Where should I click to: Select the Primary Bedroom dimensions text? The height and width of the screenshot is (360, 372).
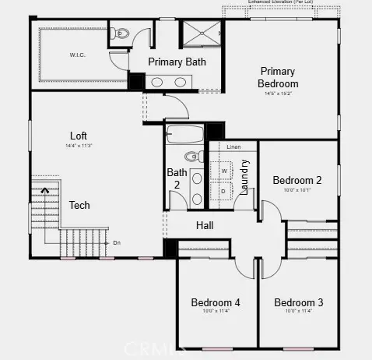click(278, 94)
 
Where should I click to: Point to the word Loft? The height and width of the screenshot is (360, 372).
click(79, 135)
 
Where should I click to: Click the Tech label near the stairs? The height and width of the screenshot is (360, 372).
click(79, 205)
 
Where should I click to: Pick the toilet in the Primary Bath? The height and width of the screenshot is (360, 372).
click(120, 34)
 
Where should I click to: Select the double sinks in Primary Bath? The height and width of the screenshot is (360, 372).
click(168, 81)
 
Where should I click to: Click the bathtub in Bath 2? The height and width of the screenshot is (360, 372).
click(184, 133)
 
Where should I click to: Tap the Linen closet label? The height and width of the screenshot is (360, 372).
click(233, 146)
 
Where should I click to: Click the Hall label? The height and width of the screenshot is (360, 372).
click(205, 225)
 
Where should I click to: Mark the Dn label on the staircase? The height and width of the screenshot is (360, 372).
click(117, 242)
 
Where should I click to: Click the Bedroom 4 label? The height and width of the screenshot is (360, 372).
click(216, 302)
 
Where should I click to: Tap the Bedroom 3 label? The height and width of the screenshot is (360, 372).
click(298, 302)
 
